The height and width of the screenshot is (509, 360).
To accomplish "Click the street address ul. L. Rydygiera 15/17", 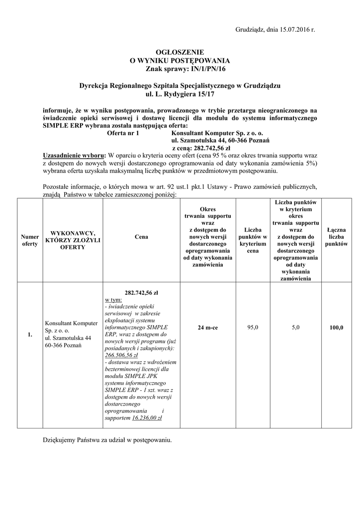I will [180, 93].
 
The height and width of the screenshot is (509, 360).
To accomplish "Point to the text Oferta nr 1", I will [124, 134].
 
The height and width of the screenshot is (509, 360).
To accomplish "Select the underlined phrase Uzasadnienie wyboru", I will [74, 155].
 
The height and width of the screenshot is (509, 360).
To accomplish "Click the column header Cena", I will [141, 237].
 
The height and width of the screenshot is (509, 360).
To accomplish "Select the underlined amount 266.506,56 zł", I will [121, 355].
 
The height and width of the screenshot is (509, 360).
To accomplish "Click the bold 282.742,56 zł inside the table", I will [141, 293].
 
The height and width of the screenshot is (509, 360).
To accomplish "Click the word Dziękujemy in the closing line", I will [59, 440].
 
